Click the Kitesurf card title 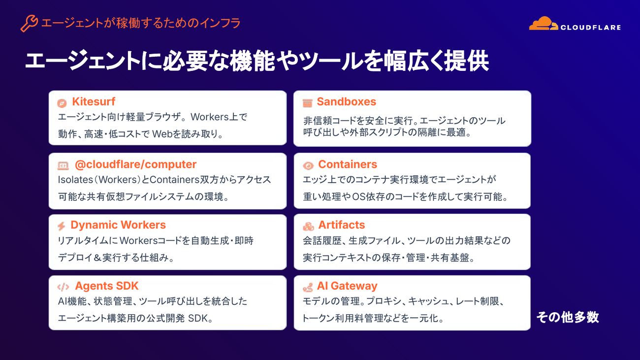[94, 101]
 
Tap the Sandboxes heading [346, 102]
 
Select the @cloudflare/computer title [135, 164]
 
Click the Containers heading [348, 164]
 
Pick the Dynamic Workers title [118, 225]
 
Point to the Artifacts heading [342, 225]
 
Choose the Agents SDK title [106, 286]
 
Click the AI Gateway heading [347, 286]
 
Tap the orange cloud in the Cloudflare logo [543, 24]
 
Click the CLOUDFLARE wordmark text [591, 28]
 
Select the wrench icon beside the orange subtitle [29, 23]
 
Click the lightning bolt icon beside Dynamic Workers [62, 226]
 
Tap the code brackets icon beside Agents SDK [63, 287]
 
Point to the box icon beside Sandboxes [307, 103]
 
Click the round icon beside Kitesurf [62, 103]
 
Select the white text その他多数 [568, 317]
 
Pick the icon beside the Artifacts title [308, 227]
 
